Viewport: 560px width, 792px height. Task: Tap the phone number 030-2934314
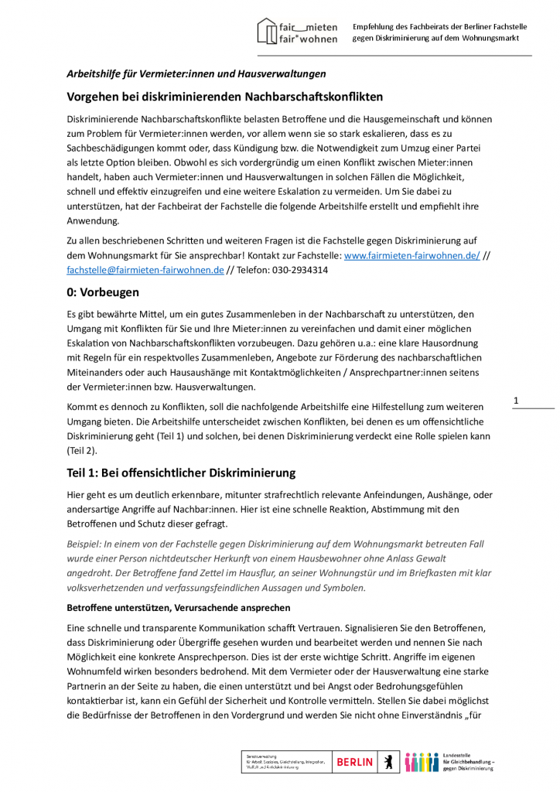tap(299, 270)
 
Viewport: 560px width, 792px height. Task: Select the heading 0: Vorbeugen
tap(103, 292)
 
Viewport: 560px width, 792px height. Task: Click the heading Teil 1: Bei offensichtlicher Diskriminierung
tap(181, 473)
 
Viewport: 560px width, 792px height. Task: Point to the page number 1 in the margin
tap(516, 399)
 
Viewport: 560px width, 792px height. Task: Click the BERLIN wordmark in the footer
tap(354, 762)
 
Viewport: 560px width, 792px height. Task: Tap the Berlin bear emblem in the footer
tap(388, 762)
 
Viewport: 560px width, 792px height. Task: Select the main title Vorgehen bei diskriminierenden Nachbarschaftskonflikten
tap(213, 97)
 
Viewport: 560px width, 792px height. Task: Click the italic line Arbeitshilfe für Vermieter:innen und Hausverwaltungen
tap(196, 73)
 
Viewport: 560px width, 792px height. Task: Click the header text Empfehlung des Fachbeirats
tap(439, 26)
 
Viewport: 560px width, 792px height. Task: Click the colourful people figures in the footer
tap(421, 762)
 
